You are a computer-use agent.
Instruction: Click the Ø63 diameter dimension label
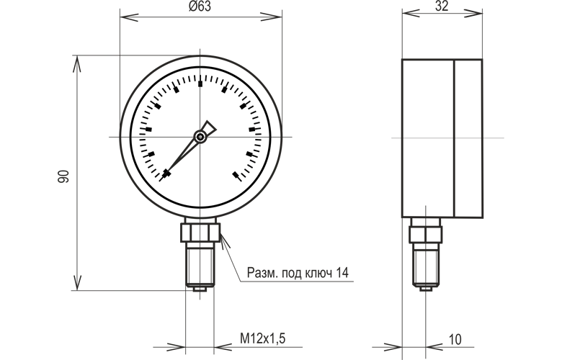[200, 6]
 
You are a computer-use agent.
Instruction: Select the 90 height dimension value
[63, 176]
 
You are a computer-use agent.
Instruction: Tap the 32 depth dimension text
[442, 6]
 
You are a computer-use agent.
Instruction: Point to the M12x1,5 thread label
[263, 338]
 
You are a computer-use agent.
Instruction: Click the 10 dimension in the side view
[455, 339]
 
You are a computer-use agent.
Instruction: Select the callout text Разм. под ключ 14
[298, 273]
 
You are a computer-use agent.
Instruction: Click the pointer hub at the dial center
[200, 137]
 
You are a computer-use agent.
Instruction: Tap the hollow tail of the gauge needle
[209, 127]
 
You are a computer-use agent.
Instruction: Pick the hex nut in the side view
[426, 235]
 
